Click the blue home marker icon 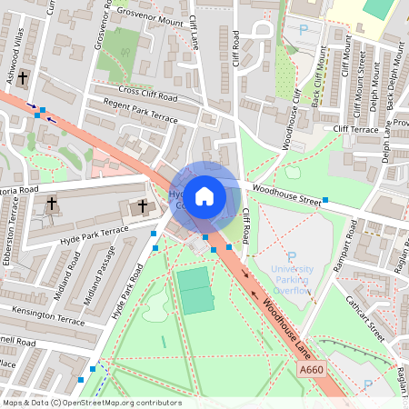point(204,196)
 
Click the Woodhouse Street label point(287,195)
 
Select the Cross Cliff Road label point(148,95)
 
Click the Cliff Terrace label point(354,130)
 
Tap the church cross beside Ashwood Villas point(23,79)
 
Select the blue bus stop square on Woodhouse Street point(325,200)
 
